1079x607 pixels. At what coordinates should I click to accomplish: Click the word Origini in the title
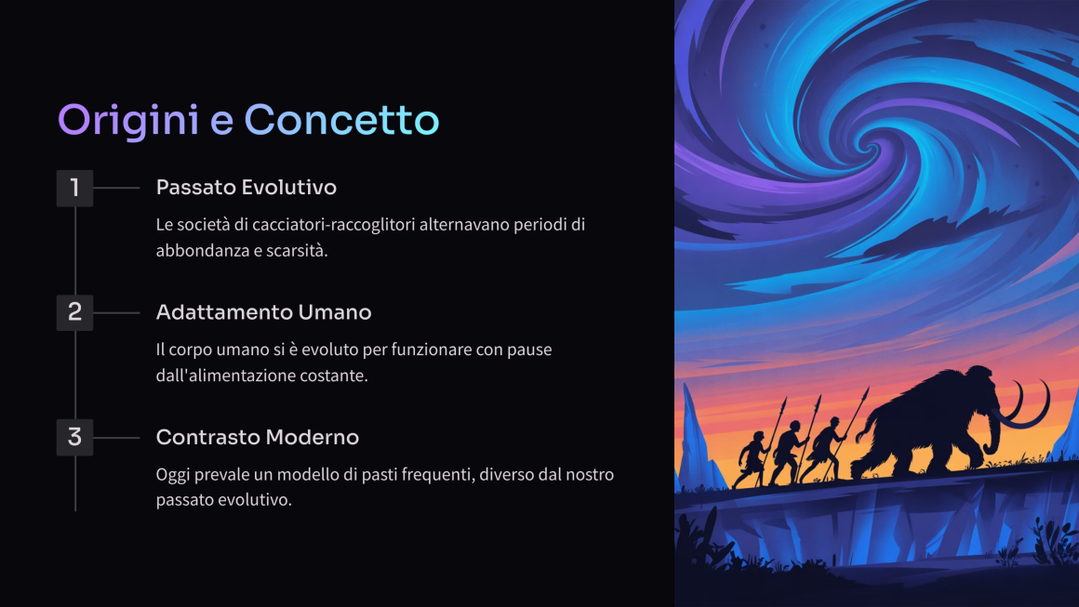128,121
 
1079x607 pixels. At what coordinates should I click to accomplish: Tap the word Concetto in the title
341,120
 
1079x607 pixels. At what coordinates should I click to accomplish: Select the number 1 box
74,188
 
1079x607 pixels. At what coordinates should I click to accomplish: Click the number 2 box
74,312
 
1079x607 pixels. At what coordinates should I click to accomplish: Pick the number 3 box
74,437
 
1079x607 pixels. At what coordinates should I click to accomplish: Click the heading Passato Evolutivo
246,187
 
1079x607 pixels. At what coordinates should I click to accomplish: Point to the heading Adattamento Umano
263,312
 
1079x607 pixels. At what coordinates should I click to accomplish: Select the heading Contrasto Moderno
258,437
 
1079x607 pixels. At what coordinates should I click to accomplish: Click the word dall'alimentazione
221,376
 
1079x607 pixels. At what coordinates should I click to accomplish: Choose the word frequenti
438,474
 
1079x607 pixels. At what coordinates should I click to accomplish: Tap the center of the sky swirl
869,148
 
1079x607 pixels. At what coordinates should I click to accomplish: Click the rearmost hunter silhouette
753,458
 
